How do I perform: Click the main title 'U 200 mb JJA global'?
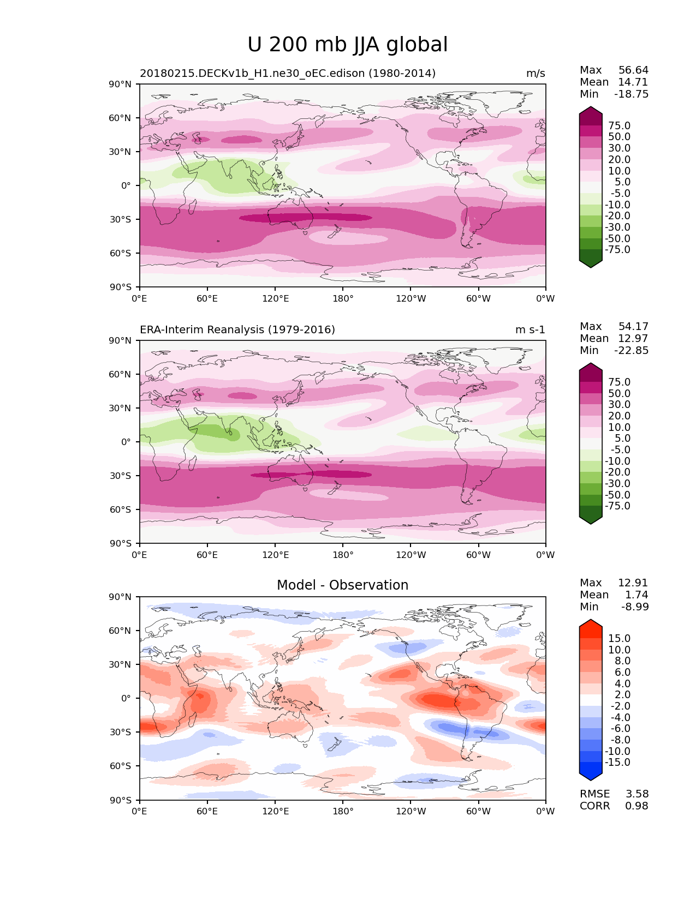347,45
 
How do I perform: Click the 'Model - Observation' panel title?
342,585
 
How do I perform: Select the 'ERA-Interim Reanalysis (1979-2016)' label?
237,330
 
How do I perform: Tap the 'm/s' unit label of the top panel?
536,74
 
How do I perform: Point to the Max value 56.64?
633,70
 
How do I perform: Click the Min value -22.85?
632,351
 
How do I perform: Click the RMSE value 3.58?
636,794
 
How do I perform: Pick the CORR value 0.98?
636,806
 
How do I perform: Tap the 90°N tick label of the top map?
121,85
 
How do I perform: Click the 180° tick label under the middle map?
343,555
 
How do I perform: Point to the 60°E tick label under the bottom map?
207,812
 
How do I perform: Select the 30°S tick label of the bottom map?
121,732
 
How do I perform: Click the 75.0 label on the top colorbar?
620,126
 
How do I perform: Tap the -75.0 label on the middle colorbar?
618,506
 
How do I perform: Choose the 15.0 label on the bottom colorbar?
620,639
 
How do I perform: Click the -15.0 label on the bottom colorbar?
618,763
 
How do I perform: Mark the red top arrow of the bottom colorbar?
591,625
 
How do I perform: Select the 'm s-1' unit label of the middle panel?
530,330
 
